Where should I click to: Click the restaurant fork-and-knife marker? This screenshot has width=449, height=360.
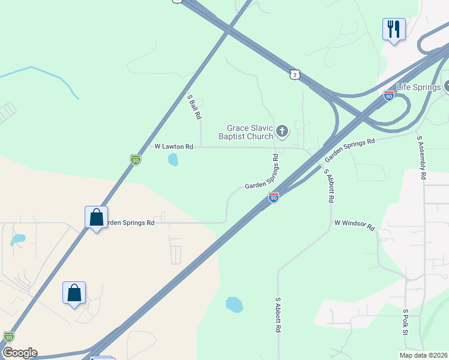pyautogui.click(x=394, y=29)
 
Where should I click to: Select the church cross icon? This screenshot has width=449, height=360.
pyautogui.click(x=282, y=131)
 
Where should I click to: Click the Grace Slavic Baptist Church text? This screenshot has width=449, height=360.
pyautogui.click(x=250, y=132)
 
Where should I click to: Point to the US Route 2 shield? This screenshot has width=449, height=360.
pyautogui.click(x=293, y=74)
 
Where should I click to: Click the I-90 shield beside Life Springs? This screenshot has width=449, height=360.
pyautogui.click(x=389, y=95)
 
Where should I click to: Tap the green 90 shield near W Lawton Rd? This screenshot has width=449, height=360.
pyautogui.click(x=136, y=160)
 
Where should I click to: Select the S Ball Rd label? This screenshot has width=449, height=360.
pyautogui.click(x=193, y=107)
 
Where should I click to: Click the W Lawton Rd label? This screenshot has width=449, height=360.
pyautogui.click(x=174, y=146)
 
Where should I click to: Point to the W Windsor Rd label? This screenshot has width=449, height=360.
pyautogui.click(x=354, y=225)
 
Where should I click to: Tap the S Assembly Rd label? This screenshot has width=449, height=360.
pyautogui.click(x=421, y=157)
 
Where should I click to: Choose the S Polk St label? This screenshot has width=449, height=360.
pyautogui.click(x=406, y=323)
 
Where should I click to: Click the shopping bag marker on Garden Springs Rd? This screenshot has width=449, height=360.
pyautogui.click(x=96, y=218)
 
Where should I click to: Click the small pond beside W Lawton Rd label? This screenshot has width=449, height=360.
pyautogui.click(x=173, y=159)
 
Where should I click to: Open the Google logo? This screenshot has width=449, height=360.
pyautogui.click(x=19, y=353)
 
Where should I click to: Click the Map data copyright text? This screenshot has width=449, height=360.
pyautogui.click(x=423, y=355)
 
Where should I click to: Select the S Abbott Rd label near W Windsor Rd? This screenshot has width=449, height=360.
pyautogui.click(x=328, y=185)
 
